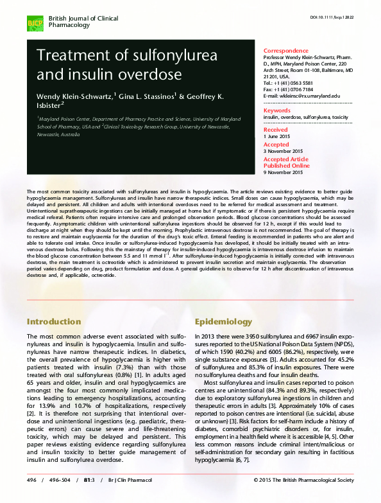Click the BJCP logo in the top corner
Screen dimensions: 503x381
tap(34, 25)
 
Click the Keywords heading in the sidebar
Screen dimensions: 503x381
tap(277, 110)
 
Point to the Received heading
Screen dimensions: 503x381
tap(276, 130)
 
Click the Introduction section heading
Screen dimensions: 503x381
tap(54, 321)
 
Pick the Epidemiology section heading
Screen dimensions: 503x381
tap(224, 321)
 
